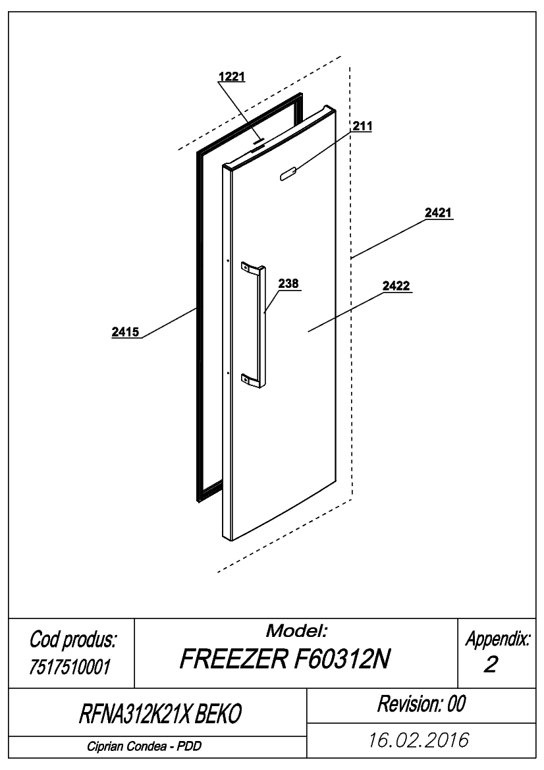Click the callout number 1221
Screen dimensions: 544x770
232,76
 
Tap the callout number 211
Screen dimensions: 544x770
362,126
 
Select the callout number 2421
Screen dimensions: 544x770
438,213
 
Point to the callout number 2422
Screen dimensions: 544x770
396,286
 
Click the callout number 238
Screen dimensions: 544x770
288,283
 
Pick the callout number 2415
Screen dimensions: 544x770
125,332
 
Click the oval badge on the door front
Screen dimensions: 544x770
287,173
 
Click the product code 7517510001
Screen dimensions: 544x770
70,667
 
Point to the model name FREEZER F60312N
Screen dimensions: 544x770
285,659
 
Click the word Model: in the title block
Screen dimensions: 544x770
296,630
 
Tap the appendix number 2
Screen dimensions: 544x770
491,665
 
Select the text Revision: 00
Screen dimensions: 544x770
422,703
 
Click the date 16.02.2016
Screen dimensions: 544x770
419,740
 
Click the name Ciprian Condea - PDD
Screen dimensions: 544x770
144,746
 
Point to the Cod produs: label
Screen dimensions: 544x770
72,640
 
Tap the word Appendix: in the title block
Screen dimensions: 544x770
498,639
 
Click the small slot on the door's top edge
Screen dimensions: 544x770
258,142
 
